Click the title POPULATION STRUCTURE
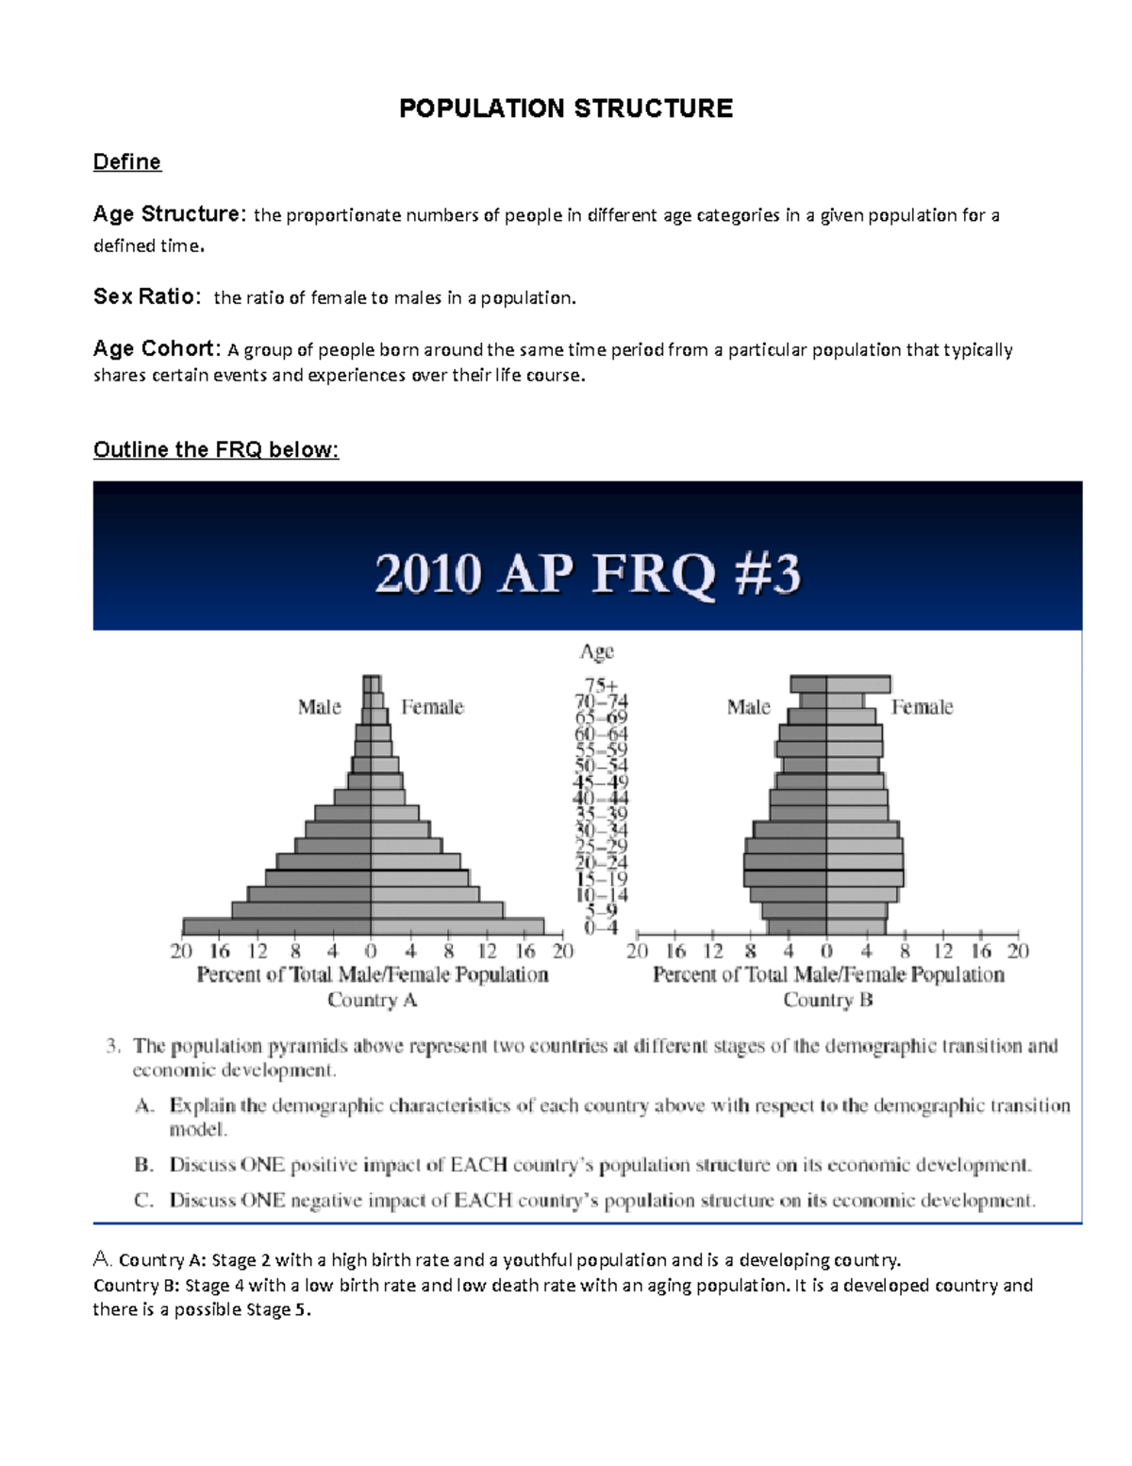[x=565, y=109]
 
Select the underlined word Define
[x=126, y=162]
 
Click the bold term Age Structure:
[x=169, y=214]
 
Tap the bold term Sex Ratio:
[x=146, y=296]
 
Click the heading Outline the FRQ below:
[x=215, y=449]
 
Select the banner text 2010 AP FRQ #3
[x=587, y=573]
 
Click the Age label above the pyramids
[x=596, y=651]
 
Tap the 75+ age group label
[x=601, y=684]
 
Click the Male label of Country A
[x=319, y=707]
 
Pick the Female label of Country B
[x=922, y=707]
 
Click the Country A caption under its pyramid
[x=372, y=1000]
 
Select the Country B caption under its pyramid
[x=827, y=1000]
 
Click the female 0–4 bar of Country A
[x=458, y=927]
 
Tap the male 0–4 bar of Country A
[x=276, y=927]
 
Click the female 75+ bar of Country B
[x=858, y=684]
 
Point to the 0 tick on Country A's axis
[x=371, y=951]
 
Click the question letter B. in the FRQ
[x=143, y=1165]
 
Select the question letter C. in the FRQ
[x=143, y=1201]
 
